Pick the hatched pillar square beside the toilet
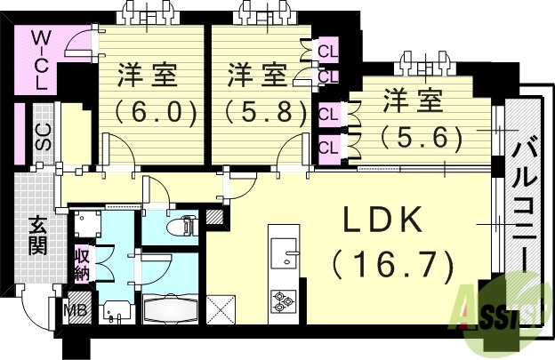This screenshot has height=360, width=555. (x=214, y=217)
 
